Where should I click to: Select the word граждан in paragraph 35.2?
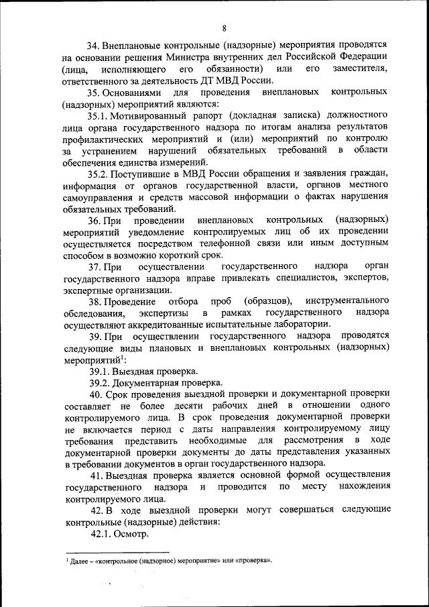[x=367, y=174]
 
